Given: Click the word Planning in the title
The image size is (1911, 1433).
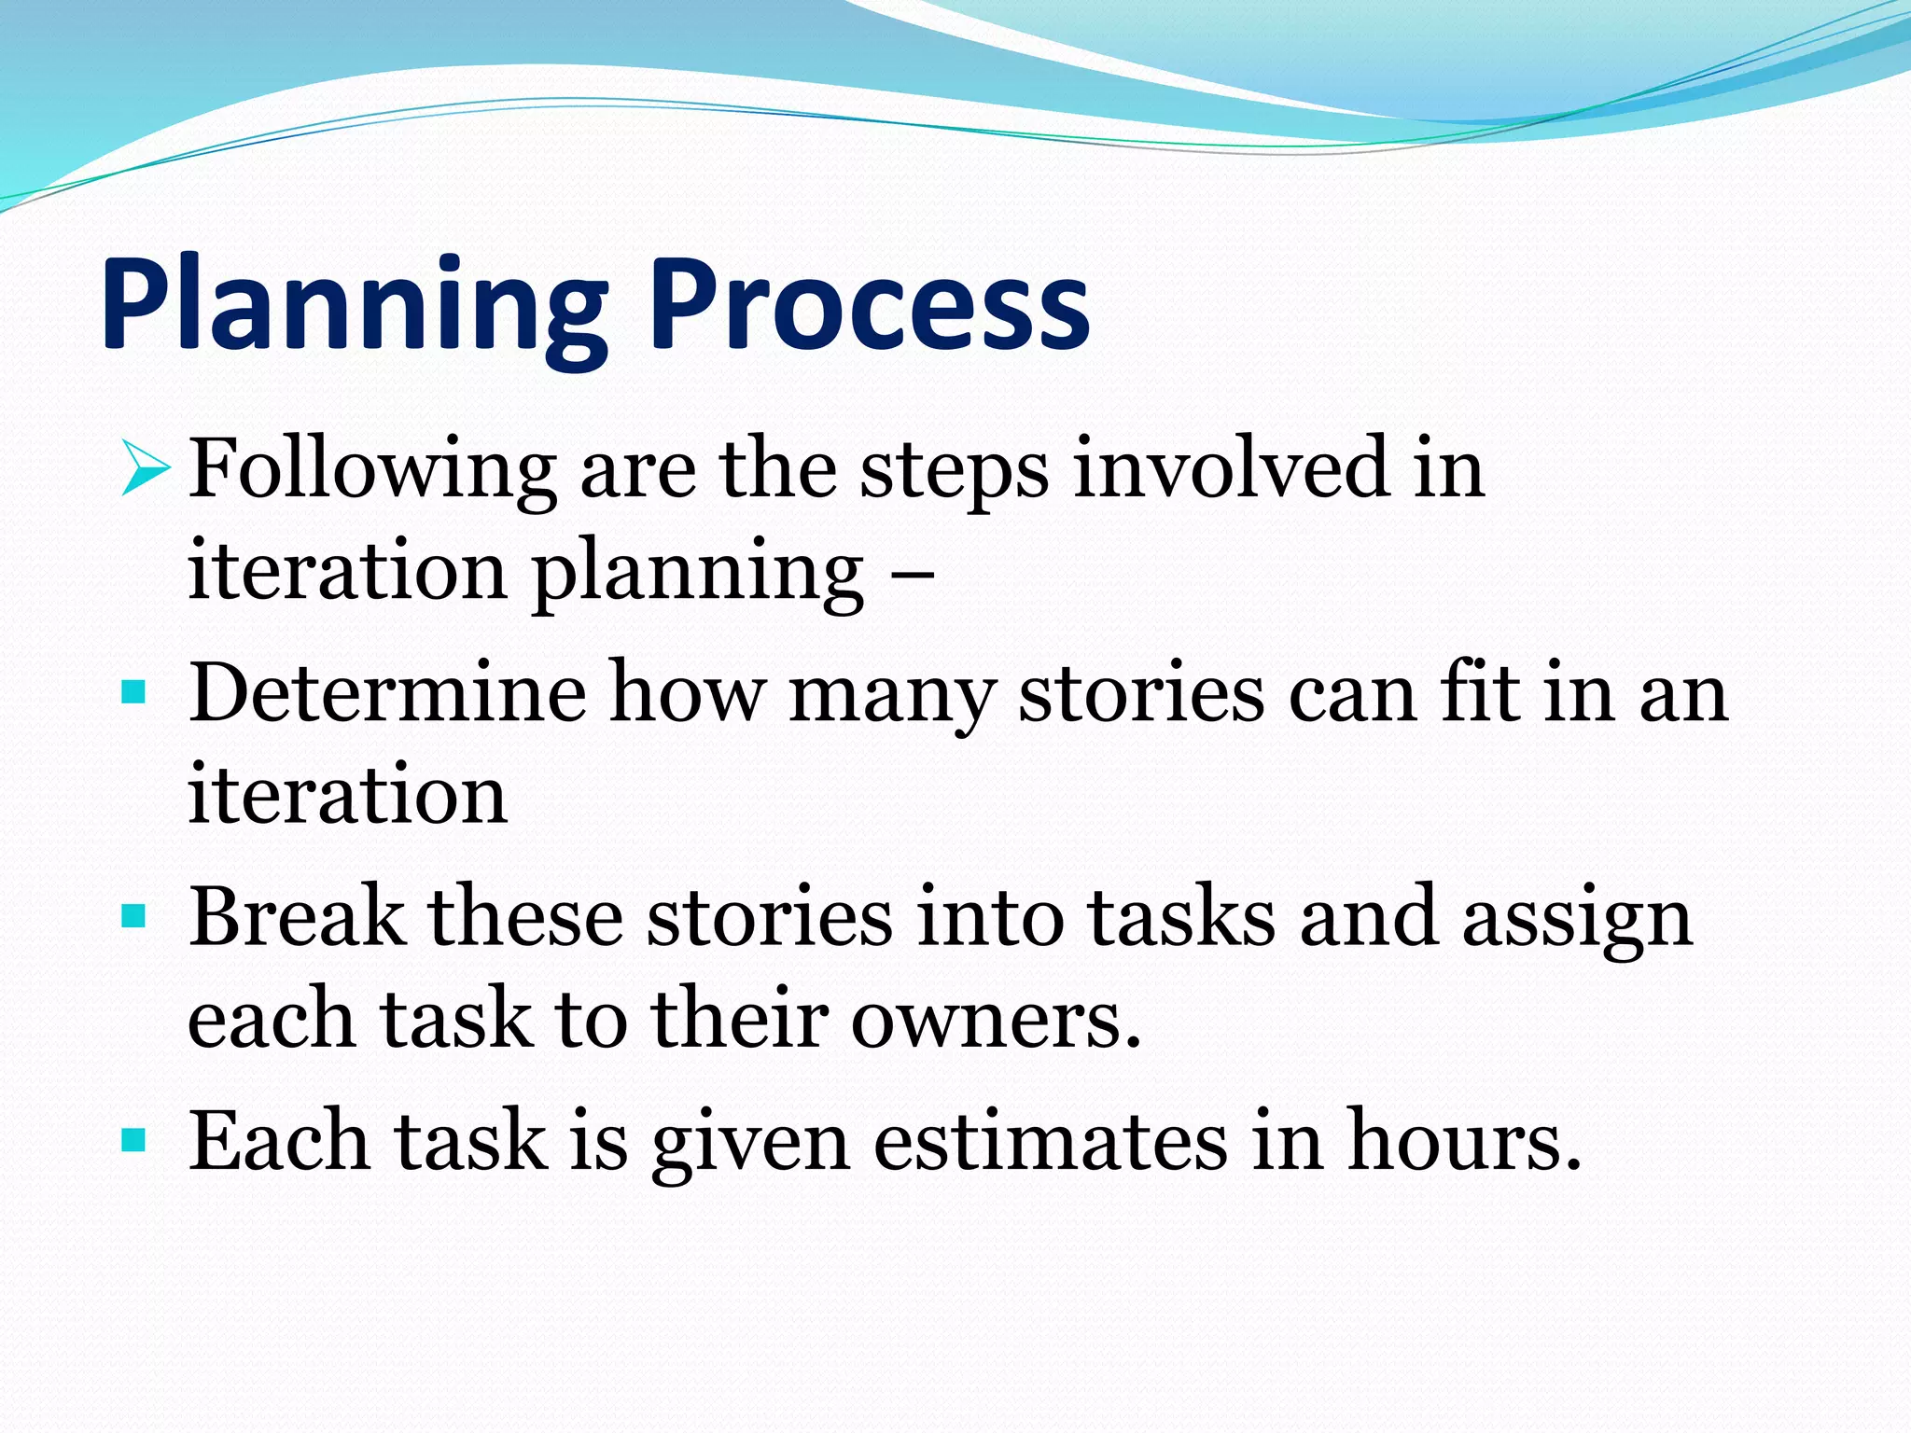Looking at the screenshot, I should click(355, 308).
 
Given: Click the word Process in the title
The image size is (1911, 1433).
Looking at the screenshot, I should click(870, 308).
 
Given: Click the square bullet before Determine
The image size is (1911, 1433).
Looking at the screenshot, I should click(134, 692).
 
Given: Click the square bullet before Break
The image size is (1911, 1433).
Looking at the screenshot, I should click(134, 917).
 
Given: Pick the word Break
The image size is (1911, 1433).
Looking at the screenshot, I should click(297, 917).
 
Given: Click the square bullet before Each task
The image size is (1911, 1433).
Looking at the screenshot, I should click(134, 1139).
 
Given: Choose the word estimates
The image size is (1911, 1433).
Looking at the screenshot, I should click(1050, 1142).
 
